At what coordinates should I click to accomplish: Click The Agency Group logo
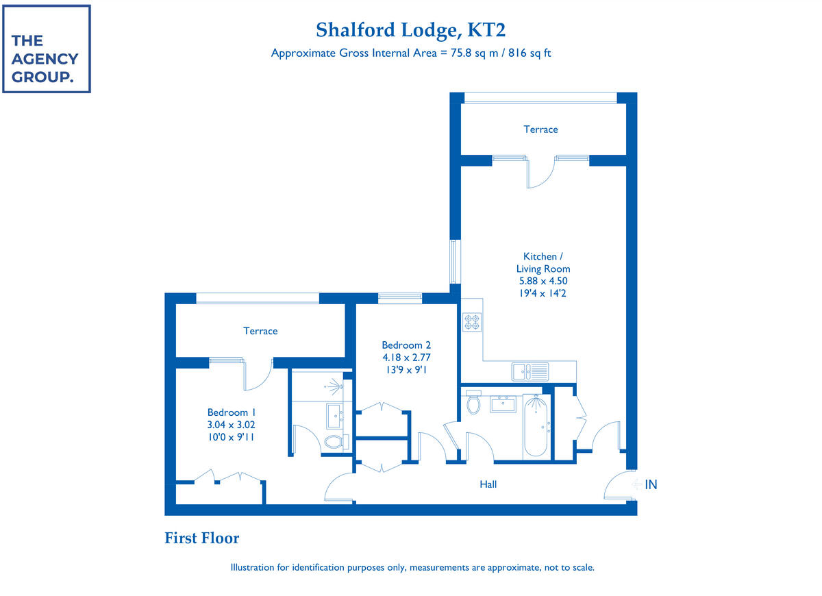coord(46,49)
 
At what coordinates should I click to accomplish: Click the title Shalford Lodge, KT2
coord(411,30)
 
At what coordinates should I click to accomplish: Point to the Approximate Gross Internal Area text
coord(411,53)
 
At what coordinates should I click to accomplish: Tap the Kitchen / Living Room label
coord(540,262)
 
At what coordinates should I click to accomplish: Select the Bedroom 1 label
coord(231,412)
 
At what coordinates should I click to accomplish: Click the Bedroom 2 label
coord(406,345)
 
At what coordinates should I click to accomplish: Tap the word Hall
coord(488,484)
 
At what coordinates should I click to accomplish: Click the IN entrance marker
coord(649,484)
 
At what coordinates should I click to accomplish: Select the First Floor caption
coord(201,538)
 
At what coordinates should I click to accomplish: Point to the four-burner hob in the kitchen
coord(472,322)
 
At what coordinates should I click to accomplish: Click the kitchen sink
coord(530,372)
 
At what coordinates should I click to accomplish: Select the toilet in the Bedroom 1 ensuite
coord(335,442)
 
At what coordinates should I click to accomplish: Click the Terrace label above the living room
coord(540,129)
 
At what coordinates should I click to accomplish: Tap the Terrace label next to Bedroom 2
coord(260,331)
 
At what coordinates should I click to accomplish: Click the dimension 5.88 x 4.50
coord(543,281)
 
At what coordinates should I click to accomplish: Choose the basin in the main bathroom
coord(503,403)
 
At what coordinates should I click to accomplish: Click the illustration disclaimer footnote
coord(412,568)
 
